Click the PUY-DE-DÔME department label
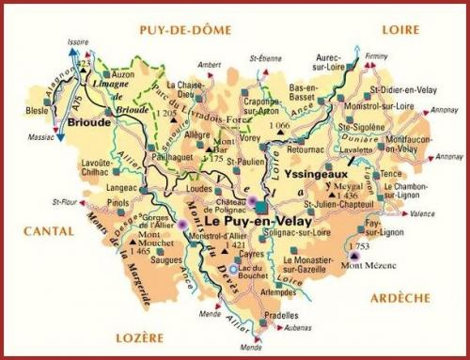click(185, 30)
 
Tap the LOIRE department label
click(399, 29)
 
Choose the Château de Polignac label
click(215, 196)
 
